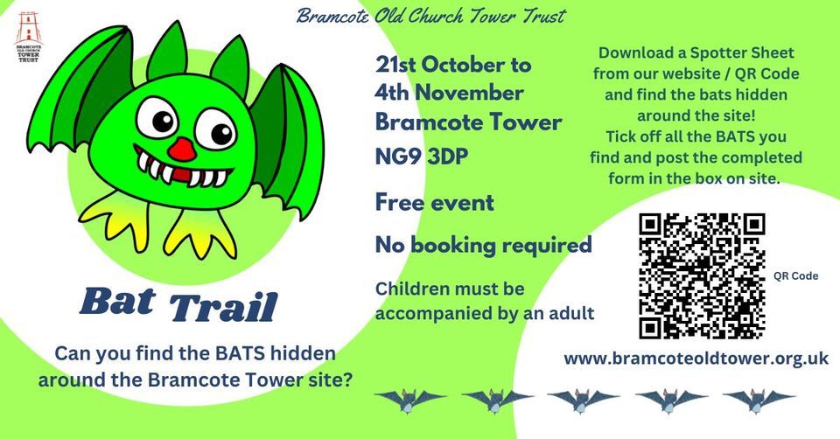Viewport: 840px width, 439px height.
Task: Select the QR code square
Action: [702, 275]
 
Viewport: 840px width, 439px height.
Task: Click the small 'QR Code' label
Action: [795, 275]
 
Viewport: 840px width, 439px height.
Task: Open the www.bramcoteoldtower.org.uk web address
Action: [696, 359]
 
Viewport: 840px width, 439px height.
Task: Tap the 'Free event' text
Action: [434, 203]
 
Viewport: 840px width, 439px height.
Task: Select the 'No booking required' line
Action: [483, 245]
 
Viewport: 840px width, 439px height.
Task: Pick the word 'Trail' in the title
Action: [222, 307]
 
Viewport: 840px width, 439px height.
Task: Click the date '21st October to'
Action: [452, 66]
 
